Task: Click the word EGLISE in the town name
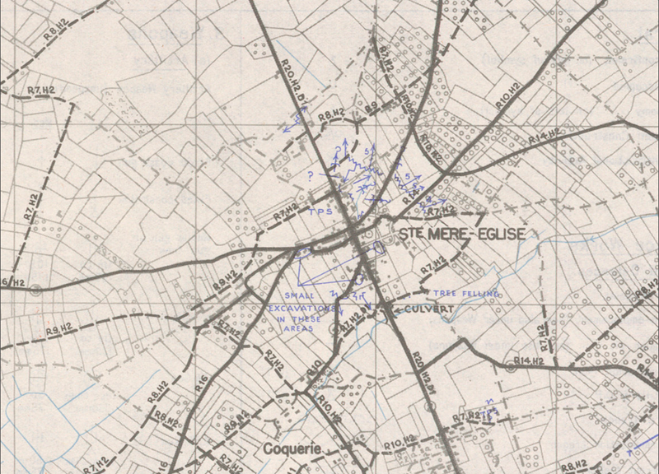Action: tap(497, 235)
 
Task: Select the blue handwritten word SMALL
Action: tap(298, 295)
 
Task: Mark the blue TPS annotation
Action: tap(319, 211)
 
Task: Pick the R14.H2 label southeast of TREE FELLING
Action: tap(530, 360)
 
